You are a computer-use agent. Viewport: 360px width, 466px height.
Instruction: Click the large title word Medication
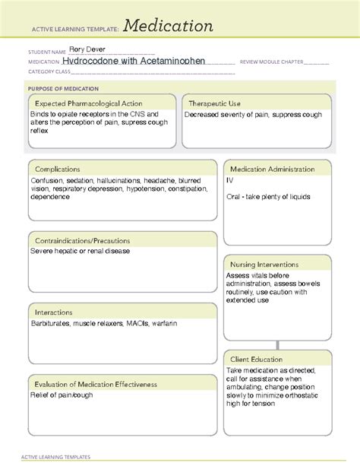click(x=169, y=26)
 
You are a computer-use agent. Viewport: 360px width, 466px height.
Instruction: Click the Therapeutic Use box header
click(x=215, y=103)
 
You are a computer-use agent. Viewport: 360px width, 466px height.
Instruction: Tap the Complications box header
click(x=58, y=169)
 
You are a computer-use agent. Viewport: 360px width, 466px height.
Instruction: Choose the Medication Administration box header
click(x=275, y=169)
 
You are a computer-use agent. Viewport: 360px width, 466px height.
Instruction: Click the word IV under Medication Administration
click(x=230, y=180)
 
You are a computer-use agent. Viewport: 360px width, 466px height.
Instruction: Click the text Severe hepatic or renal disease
click(x=80, y=251)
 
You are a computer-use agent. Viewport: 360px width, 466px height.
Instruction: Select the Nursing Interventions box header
click(x=264, y=265)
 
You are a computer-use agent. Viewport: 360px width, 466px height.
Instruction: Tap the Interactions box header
click(x=54, y=312)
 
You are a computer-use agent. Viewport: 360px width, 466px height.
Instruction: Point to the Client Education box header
click(x=257, y=359)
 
